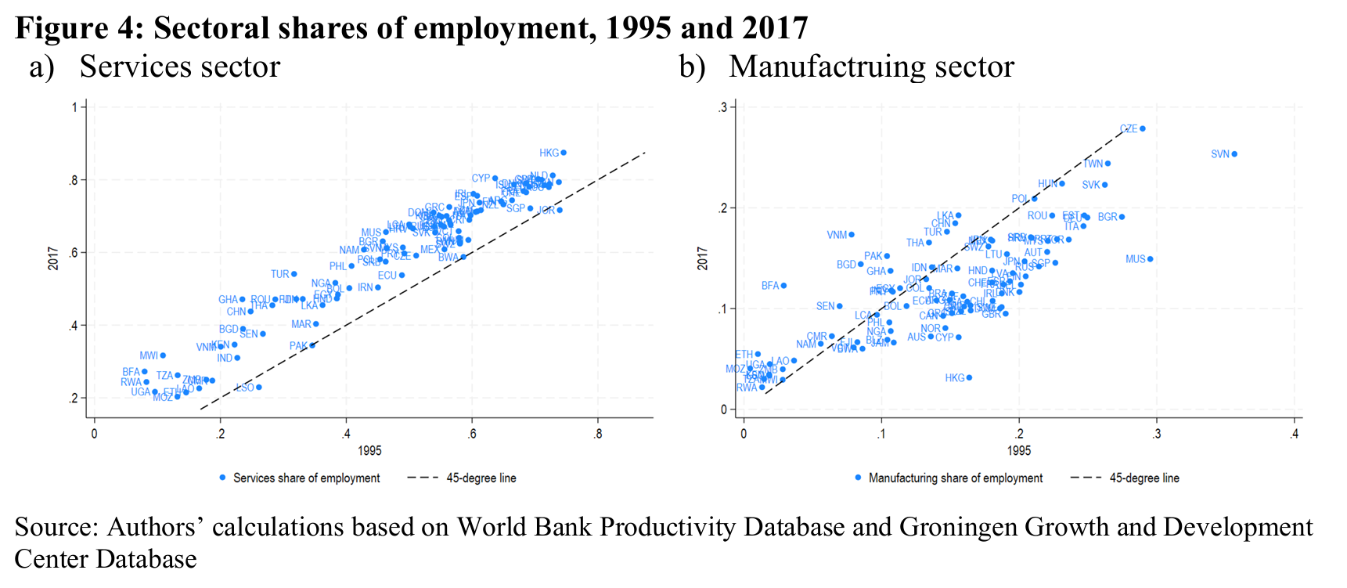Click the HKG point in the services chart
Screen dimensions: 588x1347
coord(564,153)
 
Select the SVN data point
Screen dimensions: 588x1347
coord(1234,154)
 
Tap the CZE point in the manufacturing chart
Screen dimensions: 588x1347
coord(1143,128)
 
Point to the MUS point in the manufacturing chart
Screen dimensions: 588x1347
coord(1150,259)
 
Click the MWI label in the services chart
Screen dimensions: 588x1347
coord(149,356)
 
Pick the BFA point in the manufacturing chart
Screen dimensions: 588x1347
coord(783,286)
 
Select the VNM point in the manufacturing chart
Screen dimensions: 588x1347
coord(852,235)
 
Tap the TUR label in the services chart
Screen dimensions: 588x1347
coord(280,275)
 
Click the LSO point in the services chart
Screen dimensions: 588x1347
coord(259,387)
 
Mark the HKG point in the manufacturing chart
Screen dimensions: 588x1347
coord(969,377)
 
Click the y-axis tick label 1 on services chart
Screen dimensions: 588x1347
coord(75,107)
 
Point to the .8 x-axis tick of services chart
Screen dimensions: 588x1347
coord(598,434)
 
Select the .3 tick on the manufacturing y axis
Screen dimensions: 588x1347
coord(723,107)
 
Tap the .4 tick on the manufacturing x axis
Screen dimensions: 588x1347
coord(1294,434)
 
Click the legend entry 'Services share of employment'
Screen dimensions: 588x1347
coord(306,478)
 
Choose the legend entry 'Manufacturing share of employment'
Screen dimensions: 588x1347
coord(955,478)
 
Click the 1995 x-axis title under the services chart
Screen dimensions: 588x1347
coord(369,451)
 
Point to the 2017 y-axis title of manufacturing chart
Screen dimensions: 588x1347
coord(702,258)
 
